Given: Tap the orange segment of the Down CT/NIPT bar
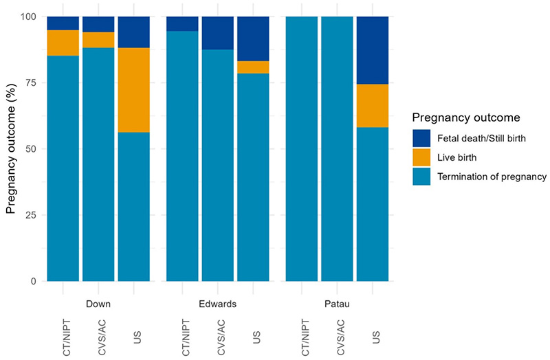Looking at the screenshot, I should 63,43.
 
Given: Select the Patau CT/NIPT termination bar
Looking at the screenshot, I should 301,148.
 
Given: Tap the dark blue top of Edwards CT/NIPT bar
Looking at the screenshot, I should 182,24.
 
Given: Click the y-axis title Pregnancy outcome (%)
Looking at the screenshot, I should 12,148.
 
